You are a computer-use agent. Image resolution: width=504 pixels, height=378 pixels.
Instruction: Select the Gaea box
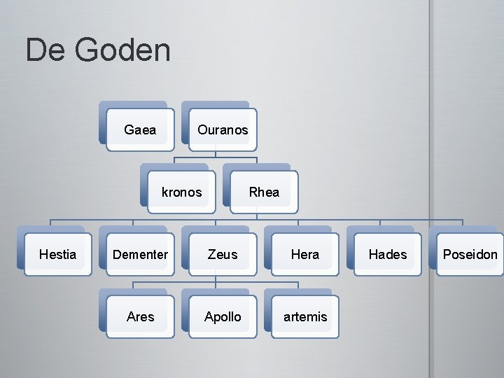click(x=140, y=129)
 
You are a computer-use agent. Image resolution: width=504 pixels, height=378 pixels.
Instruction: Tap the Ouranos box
click(x=223, y=129)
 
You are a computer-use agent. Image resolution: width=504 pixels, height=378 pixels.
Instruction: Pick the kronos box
click(x=181, y=192)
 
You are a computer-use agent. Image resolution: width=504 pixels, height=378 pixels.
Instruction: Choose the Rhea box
click(x=264, y=192)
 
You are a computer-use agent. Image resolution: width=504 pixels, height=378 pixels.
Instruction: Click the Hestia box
click(x=57, y=254)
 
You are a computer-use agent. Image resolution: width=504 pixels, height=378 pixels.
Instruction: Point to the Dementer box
click(x=140, y=254)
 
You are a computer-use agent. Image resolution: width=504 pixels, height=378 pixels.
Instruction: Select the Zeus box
click(x=223, y=254)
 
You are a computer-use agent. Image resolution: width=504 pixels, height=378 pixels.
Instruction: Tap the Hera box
click(x=305, y=254)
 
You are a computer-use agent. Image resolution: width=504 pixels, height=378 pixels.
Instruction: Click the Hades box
click(x=388, y=254)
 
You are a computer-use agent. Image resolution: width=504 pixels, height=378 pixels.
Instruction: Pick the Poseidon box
click(x=470, y=254)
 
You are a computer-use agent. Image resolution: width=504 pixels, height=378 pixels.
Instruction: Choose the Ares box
click(x=140, y=316)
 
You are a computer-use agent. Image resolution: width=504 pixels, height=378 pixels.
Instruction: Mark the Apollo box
click(x=223, y=316)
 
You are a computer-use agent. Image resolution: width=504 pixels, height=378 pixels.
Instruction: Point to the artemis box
click(x=305, y=316)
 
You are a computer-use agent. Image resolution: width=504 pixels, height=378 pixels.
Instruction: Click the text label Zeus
click(x=223, y=255)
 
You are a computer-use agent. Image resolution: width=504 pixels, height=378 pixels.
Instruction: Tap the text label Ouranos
click(x=223, y=130)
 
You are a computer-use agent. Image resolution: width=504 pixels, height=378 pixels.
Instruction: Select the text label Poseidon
click(x=470, y=255)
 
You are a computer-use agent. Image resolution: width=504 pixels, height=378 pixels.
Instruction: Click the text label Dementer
click(x=140, y=255)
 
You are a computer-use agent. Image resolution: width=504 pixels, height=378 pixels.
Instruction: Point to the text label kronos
click(x=181, y=192)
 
